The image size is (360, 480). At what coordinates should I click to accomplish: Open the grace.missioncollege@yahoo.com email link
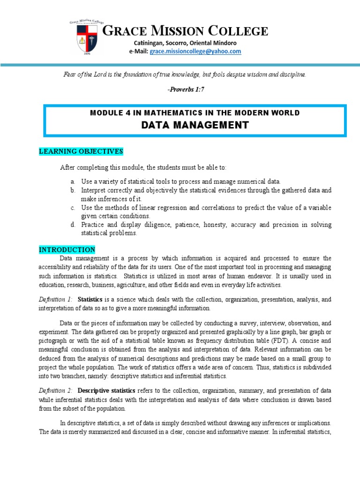195,51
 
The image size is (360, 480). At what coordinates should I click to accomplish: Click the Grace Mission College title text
185,32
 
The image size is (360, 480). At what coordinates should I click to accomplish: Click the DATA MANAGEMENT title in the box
195,125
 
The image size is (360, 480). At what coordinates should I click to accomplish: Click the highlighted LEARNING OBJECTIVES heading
81,151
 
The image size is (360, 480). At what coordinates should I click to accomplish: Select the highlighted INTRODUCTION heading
67,250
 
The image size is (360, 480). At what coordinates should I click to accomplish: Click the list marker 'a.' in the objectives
73,181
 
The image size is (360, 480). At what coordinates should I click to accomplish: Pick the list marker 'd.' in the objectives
73,225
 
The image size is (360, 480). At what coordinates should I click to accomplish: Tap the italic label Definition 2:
56,390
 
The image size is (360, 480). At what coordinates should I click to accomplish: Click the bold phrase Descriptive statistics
106,390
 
